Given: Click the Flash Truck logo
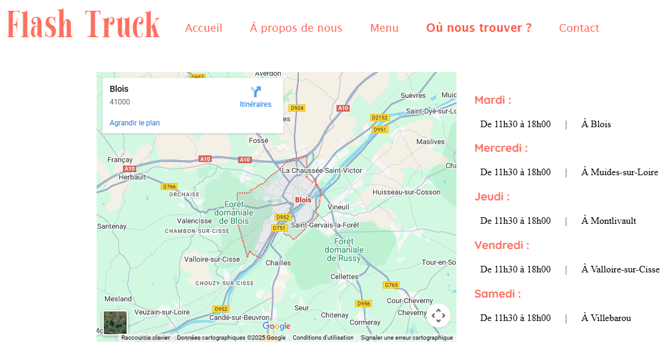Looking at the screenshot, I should (x=83, y=26).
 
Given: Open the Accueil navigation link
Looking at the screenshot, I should (x=203, y=28).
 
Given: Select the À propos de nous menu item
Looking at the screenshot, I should (x=296, y=28).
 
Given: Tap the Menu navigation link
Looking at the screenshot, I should (x=384, y=28).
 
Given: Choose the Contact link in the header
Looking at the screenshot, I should (x=579, y=28).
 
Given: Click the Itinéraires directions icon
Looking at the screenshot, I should (x=256, y=92).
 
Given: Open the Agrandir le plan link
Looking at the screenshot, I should (x=134, y=123).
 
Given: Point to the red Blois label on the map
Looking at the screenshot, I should (x=303, y=200).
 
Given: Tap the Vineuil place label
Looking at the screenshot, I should (x=338, y=207).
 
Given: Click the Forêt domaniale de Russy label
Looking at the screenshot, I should (x=344, y=250).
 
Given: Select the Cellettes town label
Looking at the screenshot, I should (x=344, y=277).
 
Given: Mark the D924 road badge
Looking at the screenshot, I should (x=297, y=108).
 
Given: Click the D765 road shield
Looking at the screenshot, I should (x=391, y=285).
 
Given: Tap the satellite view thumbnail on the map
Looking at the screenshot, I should (x=115, y=323).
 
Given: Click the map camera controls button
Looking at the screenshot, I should (x=438, y=315).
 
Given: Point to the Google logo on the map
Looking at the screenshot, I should (x=277, y=326).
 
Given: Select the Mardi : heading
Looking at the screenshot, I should (x=492, y=100).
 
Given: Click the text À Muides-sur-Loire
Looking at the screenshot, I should (x=620, y=172).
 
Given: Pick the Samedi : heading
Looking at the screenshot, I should (x=497, y=294).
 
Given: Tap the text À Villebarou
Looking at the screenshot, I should (x=606, y=318).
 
